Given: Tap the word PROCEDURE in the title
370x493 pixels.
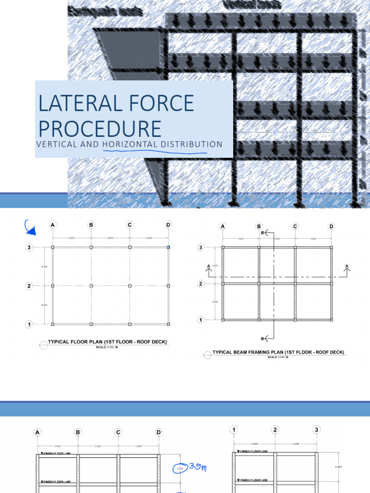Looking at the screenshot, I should point(100,129).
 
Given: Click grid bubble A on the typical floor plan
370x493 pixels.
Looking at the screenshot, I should point(53,225).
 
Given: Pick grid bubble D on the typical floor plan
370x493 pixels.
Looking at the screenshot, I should point(168,225).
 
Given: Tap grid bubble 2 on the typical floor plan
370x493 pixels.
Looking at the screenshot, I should point(29,286).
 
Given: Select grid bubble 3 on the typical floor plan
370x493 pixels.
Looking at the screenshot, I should point(29,247).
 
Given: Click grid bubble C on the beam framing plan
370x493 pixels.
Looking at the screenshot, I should point(295,226).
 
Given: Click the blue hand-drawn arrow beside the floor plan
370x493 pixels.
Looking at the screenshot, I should point(30,229).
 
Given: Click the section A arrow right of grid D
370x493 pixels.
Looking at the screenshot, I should point(346,270).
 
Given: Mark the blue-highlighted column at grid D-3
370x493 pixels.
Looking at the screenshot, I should point(168,247).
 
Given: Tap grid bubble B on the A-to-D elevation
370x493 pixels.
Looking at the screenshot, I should point(78,432).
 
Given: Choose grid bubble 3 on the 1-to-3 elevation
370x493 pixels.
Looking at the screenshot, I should point(317,429).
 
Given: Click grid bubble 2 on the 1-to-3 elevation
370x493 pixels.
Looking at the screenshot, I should point(275,429).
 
